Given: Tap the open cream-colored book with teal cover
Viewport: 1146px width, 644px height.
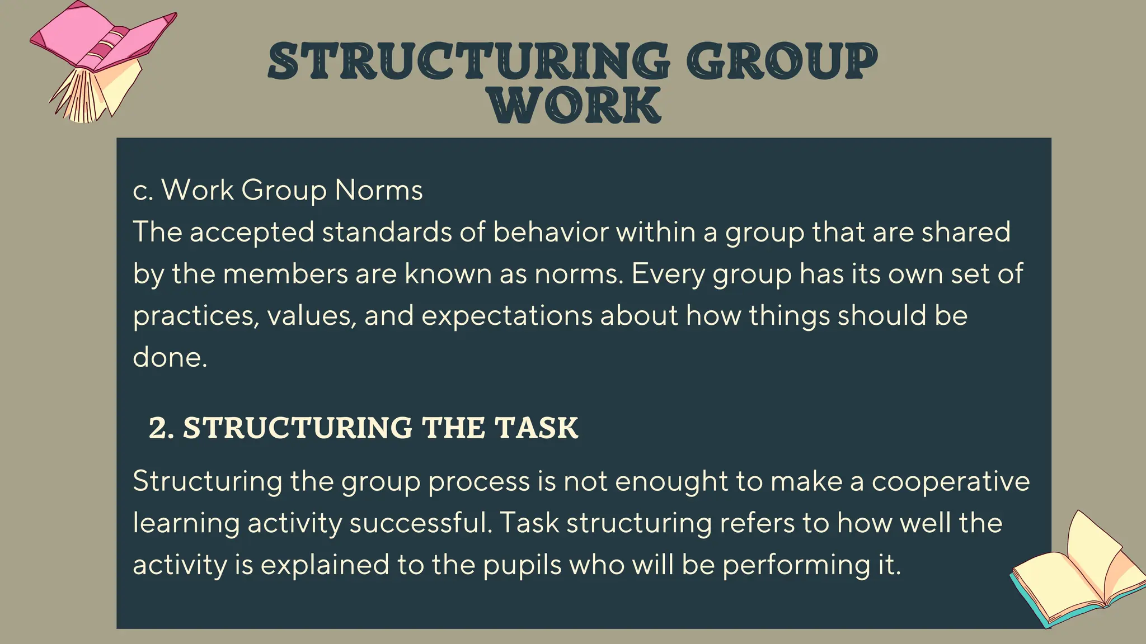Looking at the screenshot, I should (x=1077, y=576).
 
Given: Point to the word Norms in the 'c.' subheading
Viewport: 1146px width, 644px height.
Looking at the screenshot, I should (x=379, y=190).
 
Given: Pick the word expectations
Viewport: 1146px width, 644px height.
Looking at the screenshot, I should (x=506, y=316).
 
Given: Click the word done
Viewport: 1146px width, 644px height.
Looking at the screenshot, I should (x=170, y=357).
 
